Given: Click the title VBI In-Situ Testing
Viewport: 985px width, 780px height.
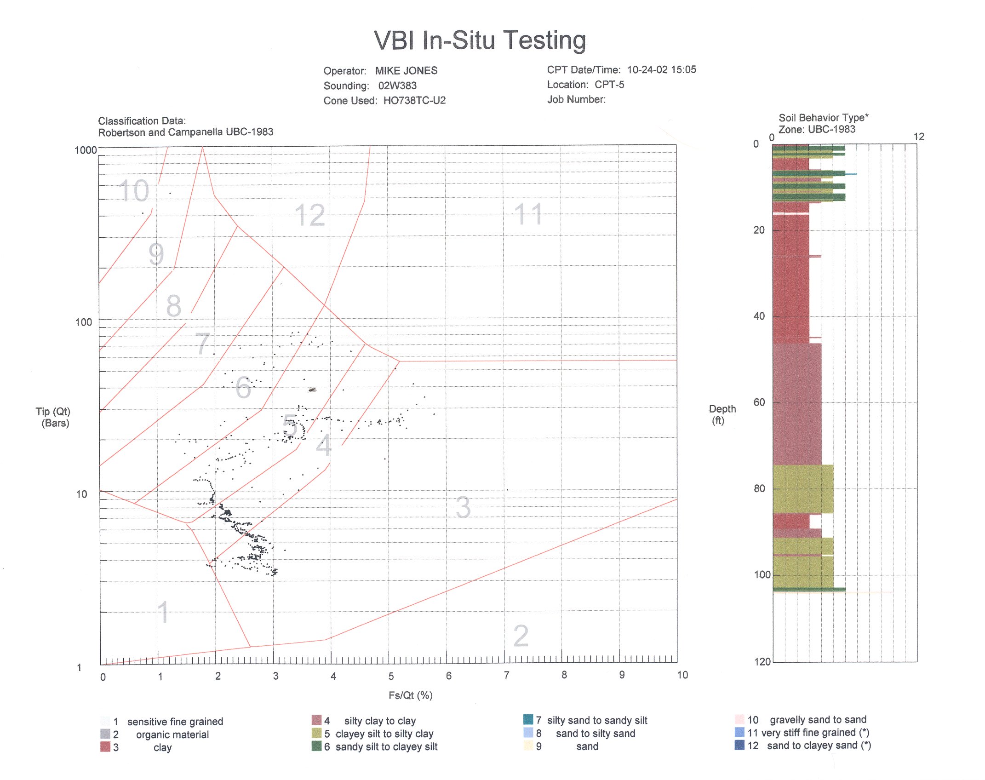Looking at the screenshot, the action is [480, 40].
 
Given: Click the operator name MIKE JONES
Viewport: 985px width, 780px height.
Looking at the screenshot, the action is [406, 71].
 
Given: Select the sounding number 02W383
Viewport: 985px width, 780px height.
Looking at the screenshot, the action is [397, 86].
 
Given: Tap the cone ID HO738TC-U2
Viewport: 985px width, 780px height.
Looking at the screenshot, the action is [414, 101].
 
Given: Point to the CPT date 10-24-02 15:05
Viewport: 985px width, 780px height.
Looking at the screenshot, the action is [662, 70].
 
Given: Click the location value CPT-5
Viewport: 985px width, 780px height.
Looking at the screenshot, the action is [609, 85].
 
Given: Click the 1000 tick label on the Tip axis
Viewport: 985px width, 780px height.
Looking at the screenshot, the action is [86, 150].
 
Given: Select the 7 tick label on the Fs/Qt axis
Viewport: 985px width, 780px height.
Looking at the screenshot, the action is [506, 675].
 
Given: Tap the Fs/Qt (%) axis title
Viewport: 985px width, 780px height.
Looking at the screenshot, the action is [411, 695].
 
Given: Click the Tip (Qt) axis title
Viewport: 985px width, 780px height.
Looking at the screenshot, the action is [53, 417].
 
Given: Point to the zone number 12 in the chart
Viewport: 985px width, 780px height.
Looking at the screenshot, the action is [310, 215].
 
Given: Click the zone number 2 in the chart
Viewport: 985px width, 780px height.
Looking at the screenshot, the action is [521, 636].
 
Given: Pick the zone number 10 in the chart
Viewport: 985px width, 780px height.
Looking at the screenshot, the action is [134, 190].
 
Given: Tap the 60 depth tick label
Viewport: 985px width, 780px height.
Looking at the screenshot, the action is [759, 402].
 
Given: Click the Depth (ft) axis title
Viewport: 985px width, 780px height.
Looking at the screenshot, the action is [722, 414].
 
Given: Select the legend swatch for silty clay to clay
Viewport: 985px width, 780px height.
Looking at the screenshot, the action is [316, 720].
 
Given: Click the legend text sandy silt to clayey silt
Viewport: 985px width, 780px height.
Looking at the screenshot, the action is [386, 747].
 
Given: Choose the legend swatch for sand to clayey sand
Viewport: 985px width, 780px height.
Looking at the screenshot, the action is [739, 745].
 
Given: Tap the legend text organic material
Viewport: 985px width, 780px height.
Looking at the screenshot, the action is [172, 735].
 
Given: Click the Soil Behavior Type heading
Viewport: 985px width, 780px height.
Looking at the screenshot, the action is [824, 118].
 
